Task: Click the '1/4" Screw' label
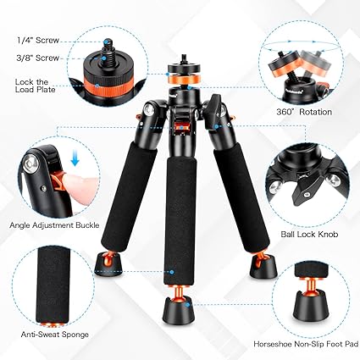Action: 32,39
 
